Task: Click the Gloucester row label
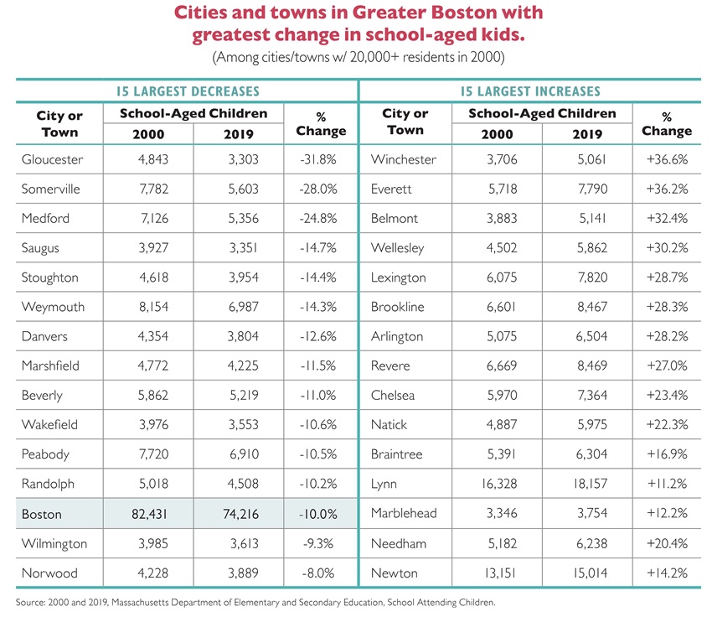click(52, 159)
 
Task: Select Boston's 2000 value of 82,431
click(147, 514)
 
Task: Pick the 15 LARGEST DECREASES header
click(186, 91)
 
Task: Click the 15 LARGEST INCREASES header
click(530, 91)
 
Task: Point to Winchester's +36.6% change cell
click(667, 159)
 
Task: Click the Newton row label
click(394, 573)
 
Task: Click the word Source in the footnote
click(33, 602)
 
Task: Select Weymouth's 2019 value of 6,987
click(239, 307)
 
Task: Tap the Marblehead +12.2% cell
click(667, 514)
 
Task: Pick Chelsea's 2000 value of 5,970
click(494, 396)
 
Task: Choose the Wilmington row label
click(54, 543)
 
